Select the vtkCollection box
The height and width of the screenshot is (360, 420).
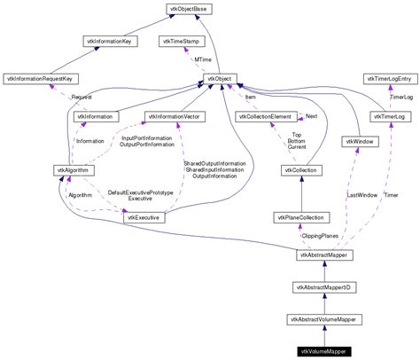tap(301, 169)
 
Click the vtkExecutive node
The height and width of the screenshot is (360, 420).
tap(144, 217)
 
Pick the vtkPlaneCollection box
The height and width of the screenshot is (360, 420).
tap(301, 217)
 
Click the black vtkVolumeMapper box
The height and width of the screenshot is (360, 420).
tap(325, 351)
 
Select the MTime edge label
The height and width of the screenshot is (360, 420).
tap(204, 59)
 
